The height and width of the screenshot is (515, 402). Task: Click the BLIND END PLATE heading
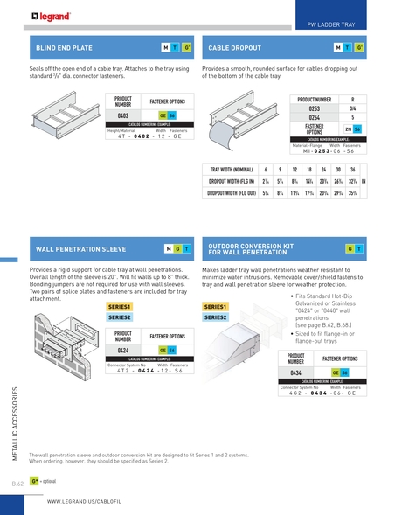point(63,45)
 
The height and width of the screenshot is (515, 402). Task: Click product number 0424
point(123,349)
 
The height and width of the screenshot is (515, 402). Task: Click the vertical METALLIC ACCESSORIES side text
point(13,427)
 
